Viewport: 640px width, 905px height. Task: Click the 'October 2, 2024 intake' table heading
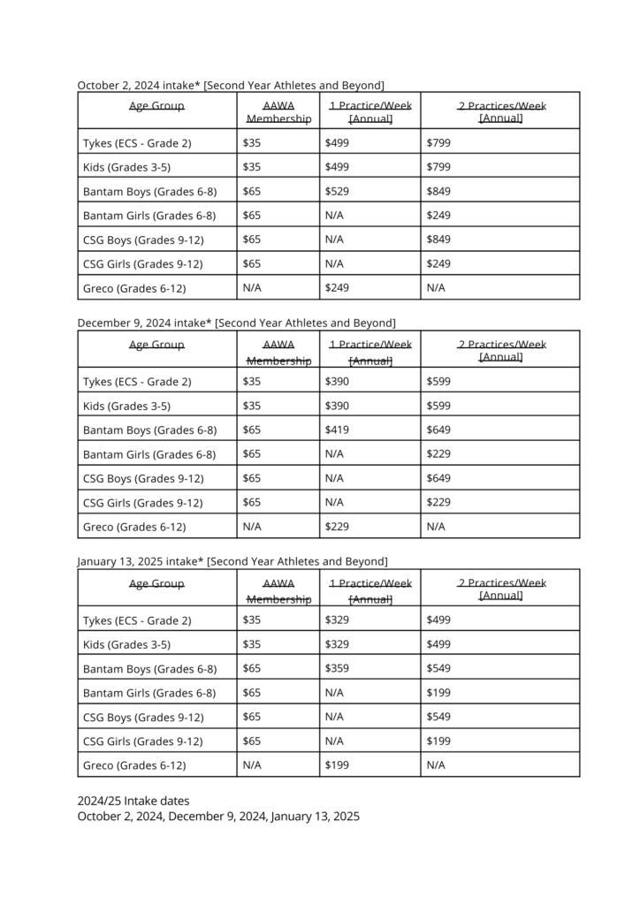[231, 85]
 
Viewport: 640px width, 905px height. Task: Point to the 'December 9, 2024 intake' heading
[236, 323]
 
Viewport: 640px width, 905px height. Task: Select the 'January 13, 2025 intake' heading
[232, 561]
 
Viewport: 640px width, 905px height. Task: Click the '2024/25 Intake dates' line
[133, 801]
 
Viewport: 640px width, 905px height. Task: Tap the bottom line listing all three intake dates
[218, 817]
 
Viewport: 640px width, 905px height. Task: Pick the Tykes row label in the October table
[137, 142]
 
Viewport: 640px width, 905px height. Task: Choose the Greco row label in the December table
[134, 527]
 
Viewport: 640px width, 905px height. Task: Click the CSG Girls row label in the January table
[142, 741]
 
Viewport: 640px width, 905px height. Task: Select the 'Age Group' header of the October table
[156, 106]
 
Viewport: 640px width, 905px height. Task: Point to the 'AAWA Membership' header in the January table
[278, 591]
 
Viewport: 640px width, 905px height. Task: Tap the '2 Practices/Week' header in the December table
[501, 351]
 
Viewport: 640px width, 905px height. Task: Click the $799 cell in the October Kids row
[438, 167]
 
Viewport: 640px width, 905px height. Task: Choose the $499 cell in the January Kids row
[438, 644]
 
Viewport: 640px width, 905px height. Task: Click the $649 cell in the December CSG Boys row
[438, 478]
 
